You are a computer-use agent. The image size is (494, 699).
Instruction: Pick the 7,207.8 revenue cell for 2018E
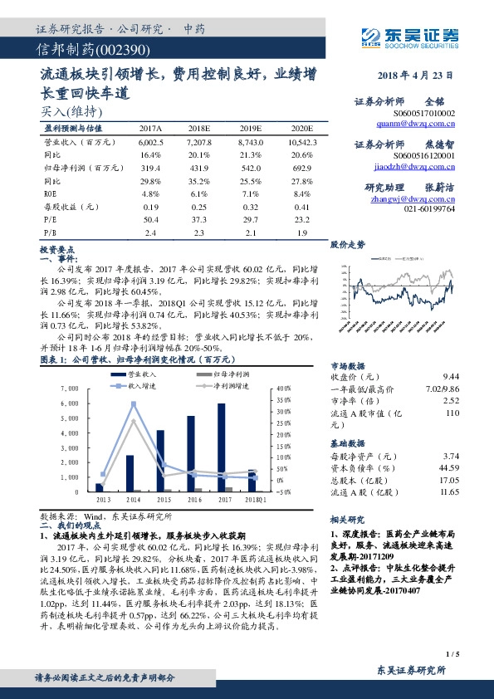click(199, 143)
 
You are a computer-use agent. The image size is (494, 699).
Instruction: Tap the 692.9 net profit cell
click(301, 169)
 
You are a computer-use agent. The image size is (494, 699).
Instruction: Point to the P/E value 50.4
click(150, 219)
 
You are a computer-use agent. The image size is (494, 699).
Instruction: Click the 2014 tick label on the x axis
click(132, 500)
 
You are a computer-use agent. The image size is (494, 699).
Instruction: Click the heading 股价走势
click(348, 245)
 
